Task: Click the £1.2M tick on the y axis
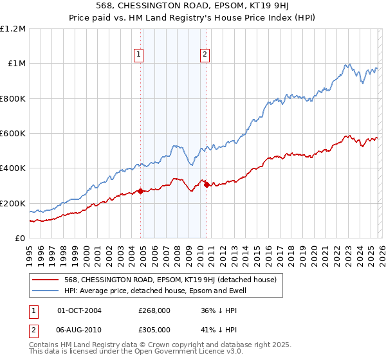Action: (14, 29)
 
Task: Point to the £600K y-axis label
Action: (14, 134)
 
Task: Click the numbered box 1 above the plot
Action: (138, 55)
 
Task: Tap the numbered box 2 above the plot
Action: (205, 55)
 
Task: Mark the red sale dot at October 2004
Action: (140, 191)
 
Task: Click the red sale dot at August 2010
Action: (207, 185)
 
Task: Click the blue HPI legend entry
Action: (155, 291)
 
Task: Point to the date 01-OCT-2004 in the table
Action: (80, 310)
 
